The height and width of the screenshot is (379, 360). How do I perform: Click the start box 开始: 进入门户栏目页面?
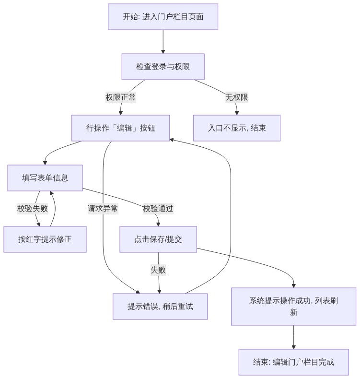pyautogui.click(x=163, y=17)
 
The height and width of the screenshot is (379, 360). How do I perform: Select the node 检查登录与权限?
pyautogui.click(x=163, y=67)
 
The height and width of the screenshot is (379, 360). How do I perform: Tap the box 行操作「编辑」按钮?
pyautogui.click(x=120, y=128)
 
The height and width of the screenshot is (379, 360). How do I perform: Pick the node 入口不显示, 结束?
pyautogui.click(x=237, y=128)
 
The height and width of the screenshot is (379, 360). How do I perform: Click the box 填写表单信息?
pyautogui.click(x=45, y=178)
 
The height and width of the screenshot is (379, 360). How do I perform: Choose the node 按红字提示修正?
pyautogui.click(x=45, y=239)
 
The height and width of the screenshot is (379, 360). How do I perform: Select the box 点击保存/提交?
pyautogui.click(x=158, y=239)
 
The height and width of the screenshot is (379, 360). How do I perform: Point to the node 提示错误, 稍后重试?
pyautogui.click(x=160, y=307)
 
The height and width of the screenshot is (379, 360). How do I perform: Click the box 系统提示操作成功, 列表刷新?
pyautogui.click(x=293, y=307)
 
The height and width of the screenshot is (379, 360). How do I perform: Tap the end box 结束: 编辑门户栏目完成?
pyautogui.click(x=293, y=362)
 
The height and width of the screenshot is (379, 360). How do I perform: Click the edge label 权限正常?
pyautogui.click(x=120, y=97)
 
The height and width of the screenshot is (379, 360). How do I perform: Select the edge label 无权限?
pyautogui.click(x=237, y=97)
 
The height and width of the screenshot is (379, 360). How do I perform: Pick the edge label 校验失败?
pyautogui.click(x=33, y=209)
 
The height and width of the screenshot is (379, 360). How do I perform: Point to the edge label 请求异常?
pyautogui.click(x=103, y=209)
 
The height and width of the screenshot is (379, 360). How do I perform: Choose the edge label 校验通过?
pyautogui.click(x=158, y=209)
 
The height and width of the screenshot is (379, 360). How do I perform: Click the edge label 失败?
pyautogui.click(x=158, y=270)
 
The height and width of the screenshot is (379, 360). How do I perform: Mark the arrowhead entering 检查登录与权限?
pyautogui.click(x=163, y=52)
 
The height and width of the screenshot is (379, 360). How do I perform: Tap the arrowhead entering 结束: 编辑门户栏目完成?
pyautogui.click(x=293, y=347)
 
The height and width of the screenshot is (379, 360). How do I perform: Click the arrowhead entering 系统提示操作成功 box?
pyautogui.click(x=293, y=286)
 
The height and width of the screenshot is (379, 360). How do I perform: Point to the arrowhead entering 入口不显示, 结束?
pyautogui.click(x=237, y=113)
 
